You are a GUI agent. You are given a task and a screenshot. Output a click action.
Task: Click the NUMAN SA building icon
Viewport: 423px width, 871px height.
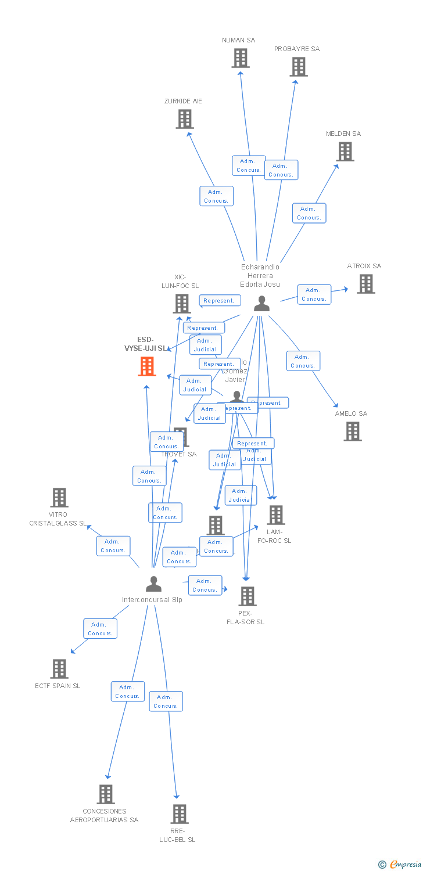[241, 58]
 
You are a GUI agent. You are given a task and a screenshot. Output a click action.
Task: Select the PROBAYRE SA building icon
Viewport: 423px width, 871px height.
[299, 67]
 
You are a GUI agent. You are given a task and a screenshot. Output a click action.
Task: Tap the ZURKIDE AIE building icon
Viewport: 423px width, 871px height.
[185, 119]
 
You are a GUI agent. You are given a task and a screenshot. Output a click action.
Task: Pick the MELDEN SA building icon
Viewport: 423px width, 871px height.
[345, 152]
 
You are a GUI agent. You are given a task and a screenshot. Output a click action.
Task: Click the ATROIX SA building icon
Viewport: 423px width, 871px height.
[365, 284]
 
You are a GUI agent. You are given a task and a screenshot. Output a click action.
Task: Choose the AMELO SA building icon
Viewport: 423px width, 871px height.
[352, 431]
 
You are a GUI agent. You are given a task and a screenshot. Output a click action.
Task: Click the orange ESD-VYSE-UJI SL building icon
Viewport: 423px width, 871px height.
[147, 366]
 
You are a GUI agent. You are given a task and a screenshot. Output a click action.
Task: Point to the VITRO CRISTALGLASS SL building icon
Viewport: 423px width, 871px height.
[59, 498]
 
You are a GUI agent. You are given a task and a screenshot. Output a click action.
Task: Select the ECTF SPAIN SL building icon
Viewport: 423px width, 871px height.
[59, 669]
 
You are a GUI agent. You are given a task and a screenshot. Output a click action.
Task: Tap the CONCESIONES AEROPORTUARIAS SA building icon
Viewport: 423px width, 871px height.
[105, 794]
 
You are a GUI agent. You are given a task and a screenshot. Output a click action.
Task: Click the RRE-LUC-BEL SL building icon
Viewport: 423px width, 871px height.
[180, 814]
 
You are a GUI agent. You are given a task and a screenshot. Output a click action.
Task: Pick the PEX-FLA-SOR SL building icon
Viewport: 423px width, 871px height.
[248, 596]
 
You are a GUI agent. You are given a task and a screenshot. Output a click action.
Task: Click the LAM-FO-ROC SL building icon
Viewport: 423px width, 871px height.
[275, 515]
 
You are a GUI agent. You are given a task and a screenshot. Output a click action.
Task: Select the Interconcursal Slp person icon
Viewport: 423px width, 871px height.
[153, 584]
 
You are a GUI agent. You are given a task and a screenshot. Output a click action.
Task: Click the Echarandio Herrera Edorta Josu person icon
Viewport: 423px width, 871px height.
[261, 304]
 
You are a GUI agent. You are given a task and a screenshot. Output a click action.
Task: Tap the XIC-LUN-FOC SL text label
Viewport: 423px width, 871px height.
[180, 282]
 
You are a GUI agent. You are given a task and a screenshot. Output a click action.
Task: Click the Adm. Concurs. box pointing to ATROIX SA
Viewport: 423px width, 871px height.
[314, 294]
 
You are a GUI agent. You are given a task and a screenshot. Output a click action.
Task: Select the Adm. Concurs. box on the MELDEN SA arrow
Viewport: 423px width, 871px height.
[309, 213]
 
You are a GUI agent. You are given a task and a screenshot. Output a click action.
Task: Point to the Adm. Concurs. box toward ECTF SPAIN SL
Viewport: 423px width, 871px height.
[100, 629]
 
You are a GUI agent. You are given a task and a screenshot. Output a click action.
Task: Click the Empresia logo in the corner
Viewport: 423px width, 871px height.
[400, 865]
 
